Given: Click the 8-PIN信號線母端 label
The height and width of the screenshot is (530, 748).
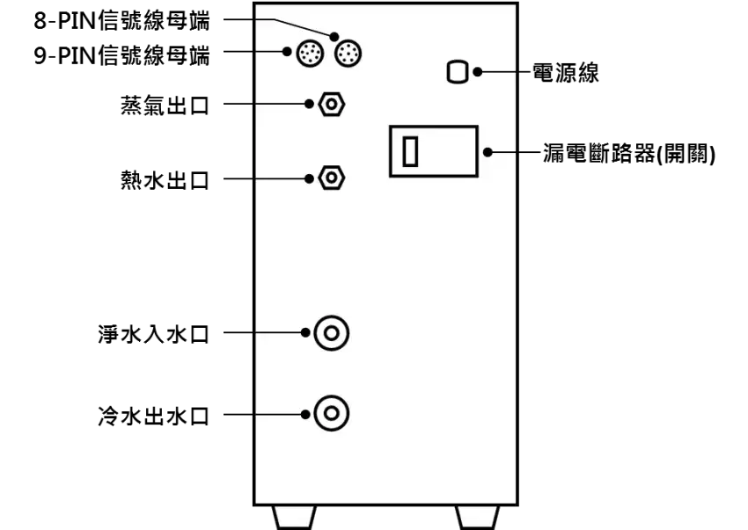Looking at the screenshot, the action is (121, 21).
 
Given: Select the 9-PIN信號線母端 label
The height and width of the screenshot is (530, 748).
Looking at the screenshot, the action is (121, 55).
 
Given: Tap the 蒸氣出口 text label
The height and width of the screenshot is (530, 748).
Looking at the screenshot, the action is (165, 105).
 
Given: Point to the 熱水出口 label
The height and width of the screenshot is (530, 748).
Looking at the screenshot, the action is (165, 180).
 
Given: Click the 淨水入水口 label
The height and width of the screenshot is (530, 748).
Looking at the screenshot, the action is (154, 334).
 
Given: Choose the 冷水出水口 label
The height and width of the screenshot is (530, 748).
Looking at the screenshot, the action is (154, 416).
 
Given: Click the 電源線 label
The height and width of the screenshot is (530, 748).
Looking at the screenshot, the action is (565, 73).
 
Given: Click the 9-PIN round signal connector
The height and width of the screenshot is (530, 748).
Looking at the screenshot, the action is (310, 53).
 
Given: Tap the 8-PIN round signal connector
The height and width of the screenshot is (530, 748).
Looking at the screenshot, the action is (348, 53).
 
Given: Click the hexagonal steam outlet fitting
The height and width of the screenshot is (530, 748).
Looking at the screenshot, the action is (331, 104).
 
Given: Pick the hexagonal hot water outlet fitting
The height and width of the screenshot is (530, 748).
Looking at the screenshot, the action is (331, 178).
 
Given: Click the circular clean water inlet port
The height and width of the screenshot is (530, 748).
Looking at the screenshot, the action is (332, 333).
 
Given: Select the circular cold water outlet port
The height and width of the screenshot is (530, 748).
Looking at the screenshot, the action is (332, 413).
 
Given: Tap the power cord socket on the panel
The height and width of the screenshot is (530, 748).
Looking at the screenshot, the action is (458, 72).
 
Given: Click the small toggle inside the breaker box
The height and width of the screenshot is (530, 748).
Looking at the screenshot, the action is (410, 151).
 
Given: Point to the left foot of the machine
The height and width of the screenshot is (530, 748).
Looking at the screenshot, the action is (294, 518).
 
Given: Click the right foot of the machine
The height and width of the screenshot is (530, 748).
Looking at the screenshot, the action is (477, 518).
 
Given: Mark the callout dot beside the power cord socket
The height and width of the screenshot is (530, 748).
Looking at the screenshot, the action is (478, 72).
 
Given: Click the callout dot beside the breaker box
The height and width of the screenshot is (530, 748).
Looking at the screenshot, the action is (488, 152).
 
